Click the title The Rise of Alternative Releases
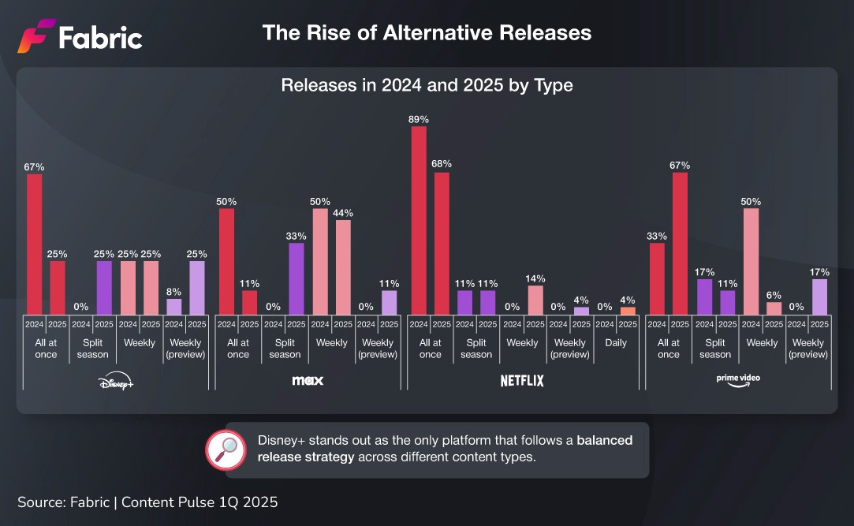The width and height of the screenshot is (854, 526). coord(427,33)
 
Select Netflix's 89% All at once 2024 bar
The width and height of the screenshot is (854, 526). coord(419,220)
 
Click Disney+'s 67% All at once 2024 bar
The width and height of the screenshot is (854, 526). coord(35,244)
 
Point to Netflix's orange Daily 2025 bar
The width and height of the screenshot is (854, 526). coord(628,311)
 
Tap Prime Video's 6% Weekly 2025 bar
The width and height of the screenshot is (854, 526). coord(774,308)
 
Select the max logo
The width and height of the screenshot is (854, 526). coord(308,381)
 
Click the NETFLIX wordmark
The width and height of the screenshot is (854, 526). coord(522,381)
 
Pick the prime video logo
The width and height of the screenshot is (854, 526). coord(738,379)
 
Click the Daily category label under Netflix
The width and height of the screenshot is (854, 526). coord(616,343)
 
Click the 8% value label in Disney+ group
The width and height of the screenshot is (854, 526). coord(173,290)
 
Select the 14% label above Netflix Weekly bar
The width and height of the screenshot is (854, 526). coord(535,278)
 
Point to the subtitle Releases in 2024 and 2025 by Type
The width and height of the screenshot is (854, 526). coord(427,85)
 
